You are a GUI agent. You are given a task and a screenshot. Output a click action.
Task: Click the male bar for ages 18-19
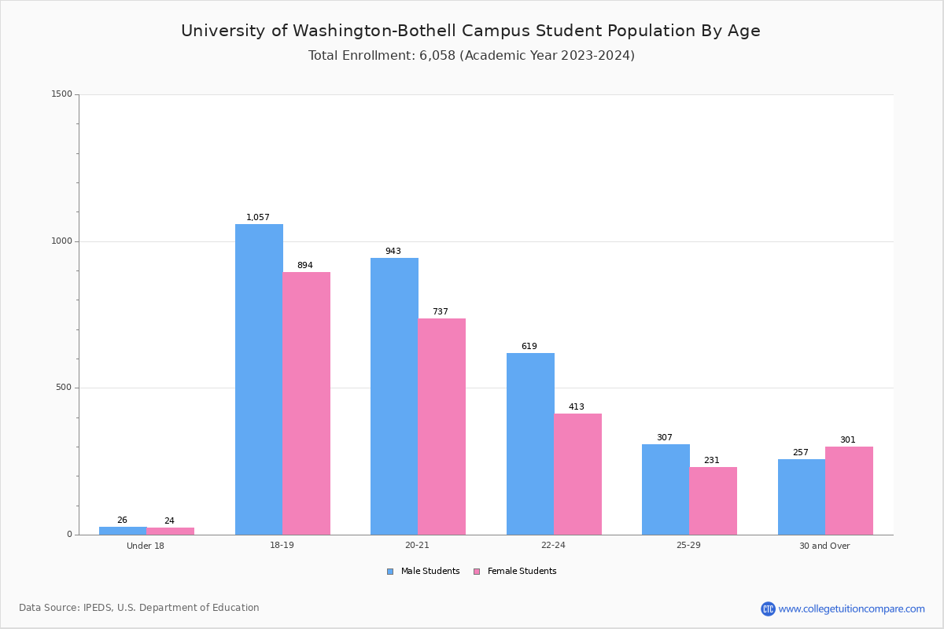tap(259, 379)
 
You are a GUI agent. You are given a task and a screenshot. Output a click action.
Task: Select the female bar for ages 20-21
tap(441, 426)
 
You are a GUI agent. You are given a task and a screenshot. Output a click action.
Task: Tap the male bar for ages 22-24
tap(530, 443)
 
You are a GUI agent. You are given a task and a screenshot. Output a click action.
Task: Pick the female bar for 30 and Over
tap(849, 491)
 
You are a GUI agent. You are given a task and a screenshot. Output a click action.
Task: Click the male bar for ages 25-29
tap(666, 490)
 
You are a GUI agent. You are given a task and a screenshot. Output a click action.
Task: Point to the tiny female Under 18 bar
tap(170, 532)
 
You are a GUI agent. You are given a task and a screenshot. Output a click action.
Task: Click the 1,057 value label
tap(257, 217)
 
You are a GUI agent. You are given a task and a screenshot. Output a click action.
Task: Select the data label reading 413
tap(576, 406)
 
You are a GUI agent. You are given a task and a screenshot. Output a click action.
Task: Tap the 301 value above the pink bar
tap(847, 440)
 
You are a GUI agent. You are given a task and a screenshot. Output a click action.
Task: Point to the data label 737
tap(440, 312)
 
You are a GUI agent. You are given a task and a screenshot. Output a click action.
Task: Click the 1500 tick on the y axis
tap(61, 94)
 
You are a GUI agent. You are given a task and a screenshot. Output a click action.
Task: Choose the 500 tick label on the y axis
tap(64, 387)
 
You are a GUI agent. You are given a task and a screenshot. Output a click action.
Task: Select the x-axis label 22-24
tap(553, 545)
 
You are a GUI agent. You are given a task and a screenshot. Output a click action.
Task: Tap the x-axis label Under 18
tap(145, 546)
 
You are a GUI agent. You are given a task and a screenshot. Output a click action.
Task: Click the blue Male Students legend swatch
tap(390, 572)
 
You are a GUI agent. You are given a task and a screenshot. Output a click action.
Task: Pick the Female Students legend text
tap(522, 571)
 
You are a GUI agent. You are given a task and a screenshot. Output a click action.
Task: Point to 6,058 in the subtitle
tap(437, 56)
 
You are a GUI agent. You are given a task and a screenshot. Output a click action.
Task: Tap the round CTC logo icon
tap(768, 609)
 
